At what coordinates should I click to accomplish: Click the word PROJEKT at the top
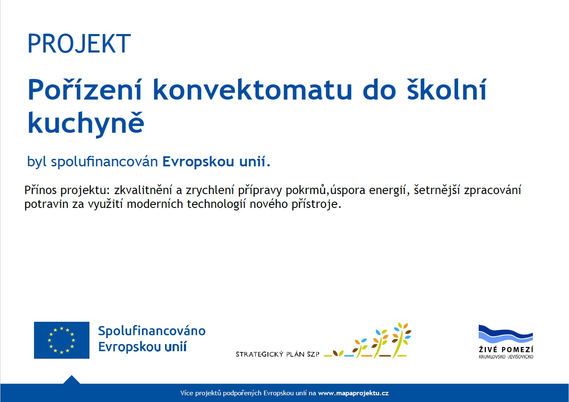point(79,43)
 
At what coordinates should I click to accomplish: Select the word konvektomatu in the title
point(252,90)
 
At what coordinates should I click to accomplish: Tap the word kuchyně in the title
point(86,123)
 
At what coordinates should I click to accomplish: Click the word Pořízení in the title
point(84,90)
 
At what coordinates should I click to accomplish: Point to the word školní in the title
point(447,89)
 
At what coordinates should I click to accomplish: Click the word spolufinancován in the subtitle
point(105,162)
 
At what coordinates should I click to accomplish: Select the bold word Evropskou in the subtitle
point(198,162)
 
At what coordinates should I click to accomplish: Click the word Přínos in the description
point(40,190)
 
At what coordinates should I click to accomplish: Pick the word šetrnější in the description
point(437,190)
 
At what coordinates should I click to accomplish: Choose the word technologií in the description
point(216,204)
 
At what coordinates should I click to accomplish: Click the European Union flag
point(62,340)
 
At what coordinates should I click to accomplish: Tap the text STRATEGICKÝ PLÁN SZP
point(278,354)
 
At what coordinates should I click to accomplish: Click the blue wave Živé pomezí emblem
point(506,334)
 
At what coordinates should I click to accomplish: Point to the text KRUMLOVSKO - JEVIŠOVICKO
point(506,357)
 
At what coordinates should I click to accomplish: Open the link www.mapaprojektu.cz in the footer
point(353,393)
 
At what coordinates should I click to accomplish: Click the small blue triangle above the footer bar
point(72,380)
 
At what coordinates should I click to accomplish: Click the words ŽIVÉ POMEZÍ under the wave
point(506,349)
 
